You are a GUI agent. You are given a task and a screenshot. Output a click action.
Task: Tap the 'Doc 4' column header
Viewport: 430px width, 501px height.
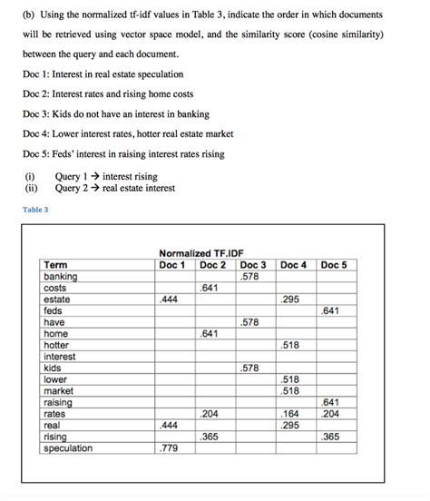coord(293,265)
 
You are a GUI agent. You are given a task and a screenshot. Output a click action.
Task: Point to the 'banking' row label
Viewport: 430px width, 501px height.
coord(60,276)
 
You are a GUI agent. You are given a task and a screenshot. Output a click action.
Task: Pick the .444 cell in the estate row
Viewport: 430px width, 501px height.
coord(168,299)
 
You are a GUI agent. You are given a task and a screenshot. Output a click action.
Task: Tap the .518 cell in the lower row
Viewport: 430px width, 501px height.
coord(290,379)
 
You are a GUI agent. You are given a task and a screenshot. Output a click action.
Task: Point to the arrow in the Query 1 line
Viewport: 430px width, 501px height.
coord(94,176)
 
